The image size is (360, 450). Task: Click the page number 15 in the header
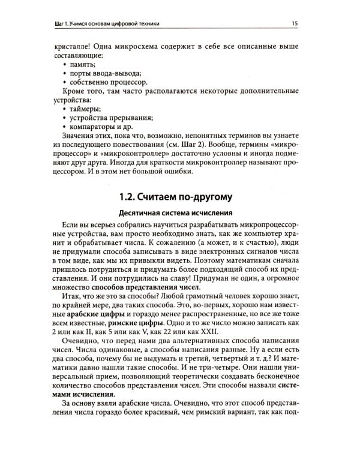coord(295,23)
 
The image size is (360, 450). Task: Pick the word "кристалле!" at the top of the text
coord(73,46)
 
